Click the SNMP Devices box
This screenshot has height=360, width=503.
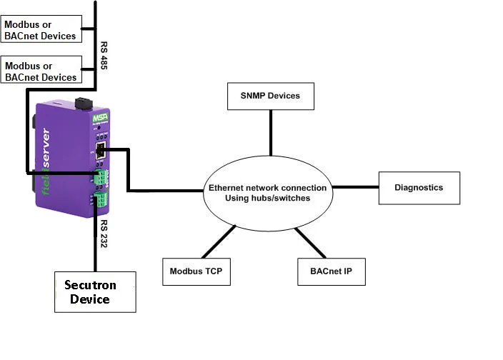pos(271,96)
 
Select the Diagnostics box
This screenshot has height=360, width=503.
pos(419,188)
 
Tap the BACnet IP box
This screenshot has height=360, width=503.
pos(331,271)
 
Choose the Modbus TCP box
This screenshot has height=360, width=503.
pos(196,271)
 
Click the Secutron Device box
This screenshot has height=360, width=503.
pos(95,291)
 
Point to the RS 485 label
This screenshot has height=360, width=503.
pos(104,56)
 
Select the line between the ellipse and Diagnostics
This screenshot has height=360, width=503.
pos(355,188)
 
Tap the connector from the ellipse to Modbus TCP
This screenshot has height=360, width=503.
pos(219,242)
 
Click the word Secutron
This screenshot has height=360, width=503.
pos(89,285)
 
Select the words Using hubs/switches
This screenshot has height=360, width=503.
pos(267,198)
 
